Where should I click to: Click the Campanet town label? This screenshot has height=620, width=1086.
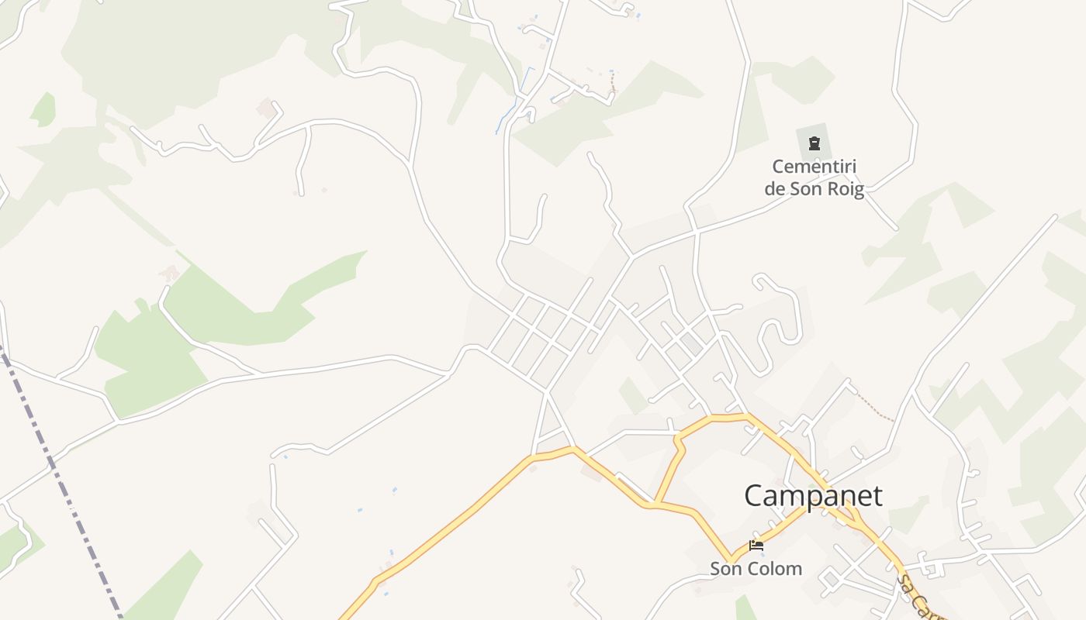(813, 496)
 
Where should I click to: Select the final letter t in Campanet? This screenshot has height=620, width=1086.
(877, 496)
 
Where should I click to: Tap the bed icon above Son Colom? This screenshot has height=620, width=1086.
(756, 546)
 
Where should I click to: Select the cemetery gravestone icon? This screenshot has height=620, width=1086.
(814, 143)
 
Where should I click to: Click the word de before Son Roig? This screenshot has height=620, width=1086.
(775, 188)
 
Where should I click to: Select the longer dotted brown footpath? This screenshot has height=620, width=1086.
(875, 407)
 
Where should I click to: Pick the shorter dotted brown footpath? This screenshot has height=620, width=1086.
(612, 81)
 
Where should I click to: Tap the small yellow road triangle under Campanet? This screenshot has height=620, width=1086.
(852, 516)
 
